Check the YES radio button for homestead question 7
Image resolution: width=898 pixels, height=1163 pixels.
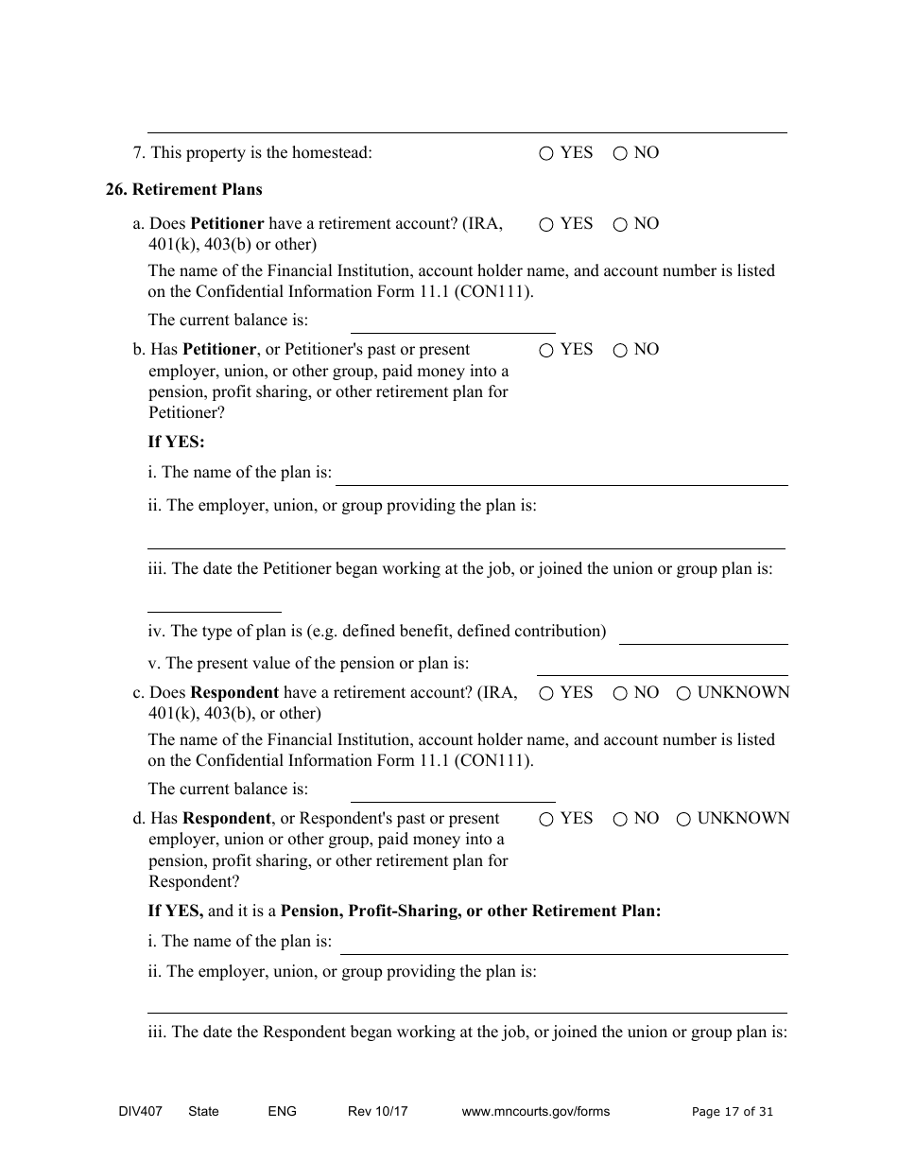[546, 154]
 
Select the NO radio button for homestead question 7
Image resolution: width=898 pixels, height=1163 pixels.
[620, 154]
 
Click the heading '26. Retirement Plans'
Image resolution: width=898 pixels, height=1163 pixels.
[184, 189]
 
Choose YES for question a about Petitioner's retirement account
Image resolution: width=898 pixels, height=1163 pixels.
[546, 225]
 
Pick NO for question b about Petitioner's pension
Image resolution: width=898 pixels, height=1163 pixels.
[620, 351]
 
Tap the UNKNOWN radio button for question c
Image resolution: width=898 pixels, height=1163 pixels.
[683, 694]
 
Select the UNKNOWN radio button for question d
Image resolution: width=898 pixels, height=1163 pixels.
[683, 820]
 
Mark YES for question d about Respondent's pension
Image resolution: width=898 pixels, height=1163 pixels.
[546, 820]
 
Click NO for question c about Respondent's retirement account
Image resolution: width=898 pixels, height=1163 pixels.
[620, 694]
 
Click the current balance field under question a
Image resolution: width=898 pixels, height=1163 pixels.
[452, 322]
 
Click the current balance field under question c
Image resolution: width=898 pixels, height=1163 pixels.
[452, 791]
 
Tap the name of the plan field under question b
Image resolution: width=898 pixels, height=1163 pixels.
[561, 475]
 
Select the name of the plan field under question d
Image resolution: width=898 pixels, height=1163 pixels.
[563, 944]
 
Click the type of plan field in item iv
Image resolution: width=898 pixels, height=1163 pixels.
[702, 634]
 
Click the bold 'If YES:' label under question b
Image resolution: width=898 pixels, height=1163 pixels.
[176, 442]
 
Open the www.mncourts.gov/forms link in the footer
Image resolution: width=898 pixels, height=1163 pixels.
[535, 1112]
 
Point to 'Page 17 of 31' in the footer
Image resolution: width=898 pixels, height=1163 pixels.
[732, 1112]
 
